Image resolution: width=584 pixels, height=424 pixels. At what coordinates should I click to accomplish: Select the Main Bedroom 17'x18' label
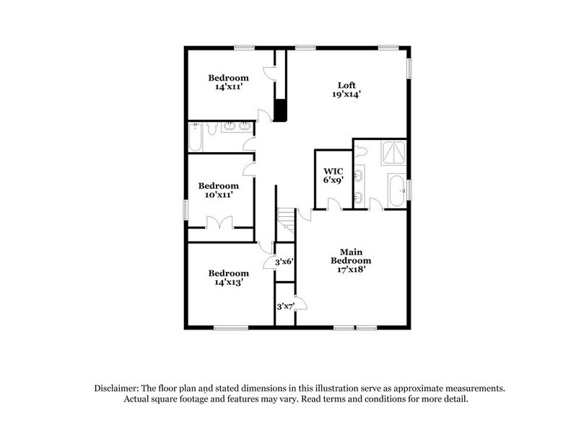pyautogui.click(x=351, y=260)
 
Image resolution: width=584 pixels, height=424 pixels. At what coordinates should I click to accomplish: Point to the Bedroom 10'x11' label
pyautogui.click(x=218, y=190)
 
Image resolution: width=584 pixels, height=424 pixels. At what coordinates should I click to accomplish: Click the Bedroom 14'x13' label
pyautogui.click(x=228, y=278)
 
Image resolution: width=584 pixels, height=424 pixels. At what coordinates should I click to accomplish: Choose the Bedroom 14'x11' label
pyautogui.click(x=228, y=82)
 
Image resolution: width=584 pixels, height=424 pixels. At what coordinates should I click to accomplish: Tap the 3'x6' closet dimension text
pyautogui.click(x=283, y=263)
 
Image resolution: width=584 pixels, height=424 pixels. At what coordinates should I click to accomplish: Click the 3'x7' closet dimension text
pyautogui.click(x=285, y=306)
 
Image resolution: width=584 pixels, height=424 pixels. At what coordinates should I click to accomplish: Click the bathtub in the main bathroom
pyautogui.click(x=394, y=190)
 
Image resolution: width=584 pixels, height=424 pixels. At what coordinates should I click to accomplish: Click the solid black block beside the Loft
pyautogui.click(x=282, y=110)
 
